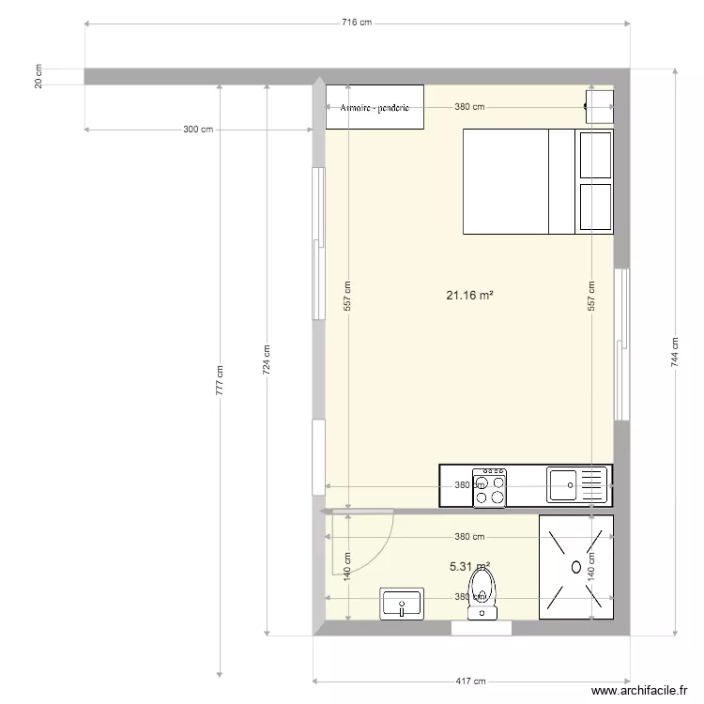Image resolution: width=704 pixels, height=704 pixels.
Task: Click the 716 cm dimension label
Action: [x=357, y=23]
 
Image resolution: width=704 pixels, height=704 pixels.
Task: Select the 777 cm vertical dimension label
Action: [x=220, y=379]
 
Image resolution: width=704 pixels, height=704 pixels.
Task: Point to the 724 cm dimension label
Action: [x=267, y=356]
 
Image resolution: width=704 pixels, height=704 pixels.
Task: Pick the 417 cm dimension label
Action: [x=471, y=681]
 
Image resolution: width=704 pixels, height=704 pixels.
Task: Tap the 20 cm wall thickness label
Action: [x=38, y=77]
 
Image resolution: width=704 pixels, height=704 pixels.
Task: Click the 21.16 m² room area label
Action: [x=469, y=296]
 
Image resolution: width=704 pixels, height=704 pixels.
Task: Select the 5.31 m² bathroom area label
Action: [x=469, y=566]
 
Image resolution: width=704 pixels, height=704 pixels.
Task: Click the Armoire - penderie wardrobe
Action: [x=375, y=107]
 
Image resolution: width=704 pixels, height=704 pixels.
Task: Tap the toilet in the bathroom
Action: [x=482, y=593]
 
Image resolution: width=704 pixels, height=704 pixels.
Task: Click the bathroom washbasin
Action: [x=402, y=604]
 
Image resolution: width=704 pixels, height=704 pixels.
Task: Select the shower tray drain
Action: [x=575, y=566]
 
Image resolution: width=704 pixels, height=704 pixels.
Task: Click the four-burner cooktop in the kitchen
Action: [x=489, y=486]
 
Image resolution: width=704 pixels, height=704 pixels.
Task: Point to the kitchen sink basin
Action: [x=564, y=485]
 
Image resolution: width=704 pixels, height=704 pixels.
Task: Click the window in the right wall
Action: [x=620, y=344]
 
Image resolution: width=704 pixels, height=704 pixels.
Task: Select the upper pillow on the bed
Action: [x=595, y=155]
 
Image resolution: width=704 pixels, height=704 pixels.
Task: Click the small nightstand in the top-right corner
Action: [x=599, y=106]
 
